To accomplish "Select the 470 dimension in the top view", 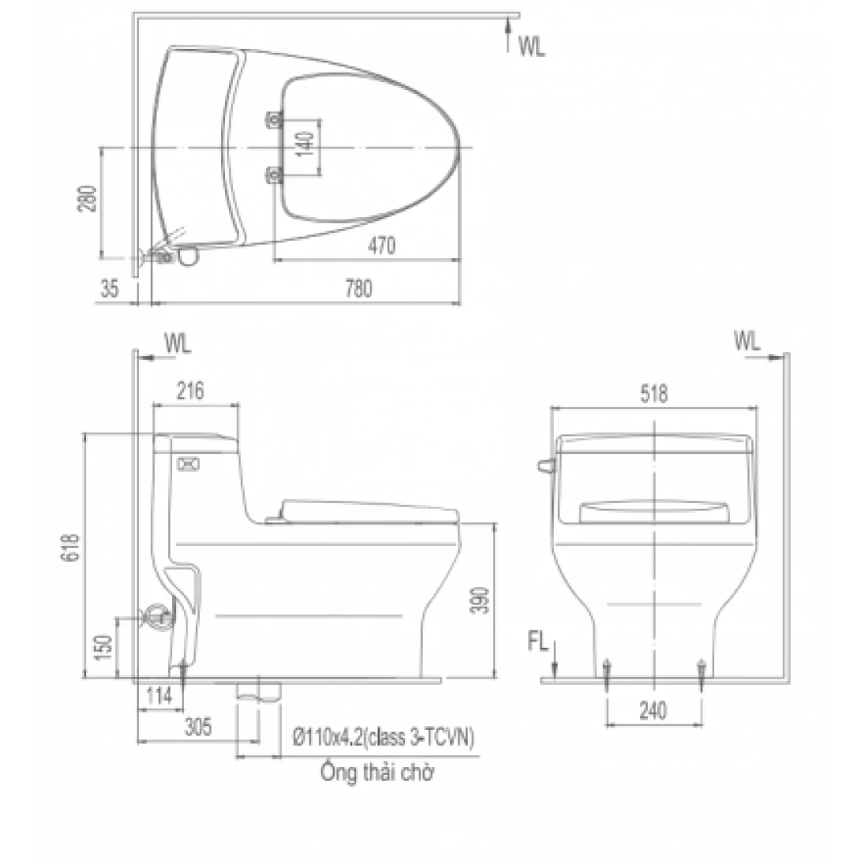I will pos(381,246).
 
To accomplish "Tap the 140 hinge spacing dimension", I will pos(308,146).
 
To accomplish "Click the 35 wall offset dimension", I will pos(109,289).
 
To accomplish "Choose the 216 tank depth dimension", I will pos(190,389).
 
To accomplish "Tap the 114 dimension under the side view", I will pos(160,697).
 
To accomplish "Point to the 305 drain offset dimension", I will pos(197,728).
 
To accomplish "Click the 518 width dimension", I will pos(654,393).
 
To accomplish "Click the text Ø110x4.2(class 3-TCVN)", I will pos(383,739).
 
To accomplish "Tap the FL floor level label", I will pos(538,642).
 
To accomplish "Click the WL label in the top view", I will pos(532,47).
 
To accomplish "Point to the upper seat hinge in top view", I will pos(274,119).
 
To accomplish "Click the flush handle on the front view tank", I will pos(543,465).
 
